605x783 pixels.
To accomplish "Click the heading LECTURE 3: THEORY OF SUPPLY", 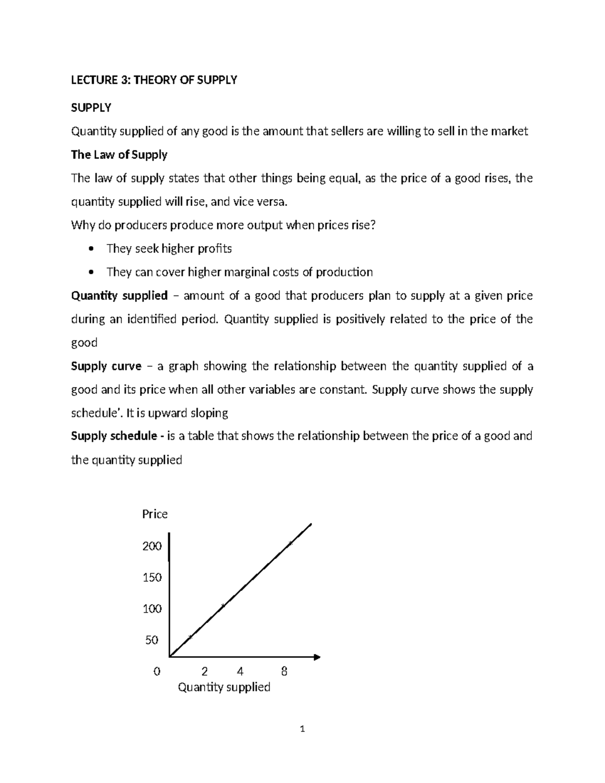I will [x=154, y=80].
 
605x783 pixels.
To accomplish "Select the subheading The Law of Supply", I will [x=119, y=155].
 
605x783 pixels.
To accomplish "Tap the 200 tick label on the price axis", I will [x=152, y=546].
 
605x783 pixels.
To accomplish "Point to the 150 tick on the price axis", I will [x=152, y=577].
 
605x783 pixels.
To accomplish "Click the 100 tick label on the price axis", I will [x=152, y=609].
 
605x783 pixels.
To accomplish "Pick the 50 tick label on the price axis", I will [x=152, y=640].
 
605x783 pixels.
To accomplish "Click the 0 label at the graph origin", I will [x=157, y=672].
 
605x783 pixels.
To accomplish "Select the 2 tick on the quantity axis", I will [x=204, y=672].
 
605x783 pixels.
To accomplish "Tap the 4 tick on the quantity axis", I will [x=240, y=672].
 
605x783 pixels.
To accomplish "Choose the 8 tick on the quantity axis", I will [x=284, y=672].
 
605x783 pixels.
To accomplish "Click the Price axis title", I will [x=155, y=514].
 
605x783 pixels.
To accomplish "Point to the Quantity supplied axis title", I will [x=224, y=687].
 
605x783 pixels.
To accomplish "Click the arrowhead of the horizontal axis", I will [x=317, y=657].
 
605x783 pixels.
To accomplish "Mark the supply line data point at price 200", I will [x=290, y=544].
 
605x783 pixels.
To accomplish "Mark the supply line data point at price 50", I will [x=190, y=638].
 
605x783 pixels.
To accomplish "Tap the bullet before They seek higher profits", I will [x=91, y=249].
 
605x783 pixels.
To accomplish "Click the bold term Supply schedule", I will [x=114, y=436].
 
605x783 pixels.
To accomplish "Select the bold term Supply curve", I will [x=106, y=367].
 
